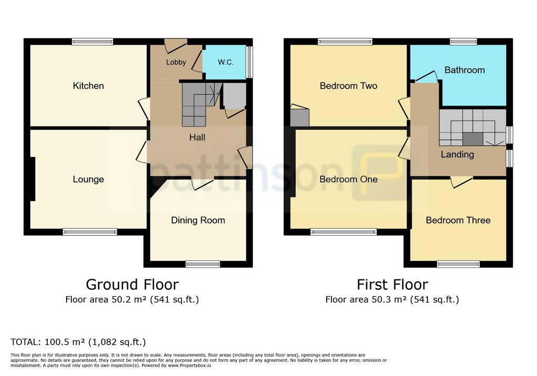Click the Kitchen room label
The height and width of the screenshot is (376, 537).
click(x=88, y=86)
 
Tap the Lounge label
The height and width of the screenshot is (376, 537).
click(x=88, y=180)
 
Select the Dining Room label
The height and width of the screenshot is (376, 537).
click(x=198, y=220)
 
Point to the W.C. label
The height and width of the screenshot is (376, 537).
click(x=225, y=62)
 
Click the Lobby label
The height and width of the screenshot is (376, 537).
click(x=176, y=62)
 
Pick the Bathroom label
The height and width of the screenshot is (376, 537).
click(x=465, y=70)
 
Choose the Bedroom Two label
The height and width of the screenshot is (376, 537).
click(x=349, y=86)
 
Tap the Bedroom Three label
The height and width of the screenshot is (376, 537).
click(x=458, y=220)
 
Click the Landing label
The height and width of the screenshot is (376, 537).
click(x=457, y=155)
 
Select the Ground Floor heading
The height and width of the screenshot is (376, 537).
click(x=132, y=285)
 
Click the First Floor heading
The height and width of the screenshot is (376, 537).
click(x=392, y=285)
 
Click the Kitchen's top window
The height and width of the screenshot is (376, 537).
click(x=92, y=42)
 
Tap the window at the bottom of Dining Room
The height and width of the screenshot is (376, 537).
click(x=203, y=264)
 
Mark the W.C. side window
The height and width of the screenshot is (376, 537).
click(x=250, y=62)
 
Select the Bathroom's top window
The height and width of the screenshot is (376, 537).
click(x=464, y=42)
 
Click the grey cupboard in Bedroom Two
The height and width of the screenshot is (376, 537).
click(x=299, y=118)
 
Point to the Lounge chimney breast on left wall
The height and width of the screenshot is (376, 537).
click(x=33, y=179)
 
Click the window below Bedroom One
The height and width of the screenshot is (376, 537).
click(x=343, y=232)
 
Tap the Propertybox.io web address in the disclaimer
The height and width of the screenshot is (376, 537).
click(x=189, y=365)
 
